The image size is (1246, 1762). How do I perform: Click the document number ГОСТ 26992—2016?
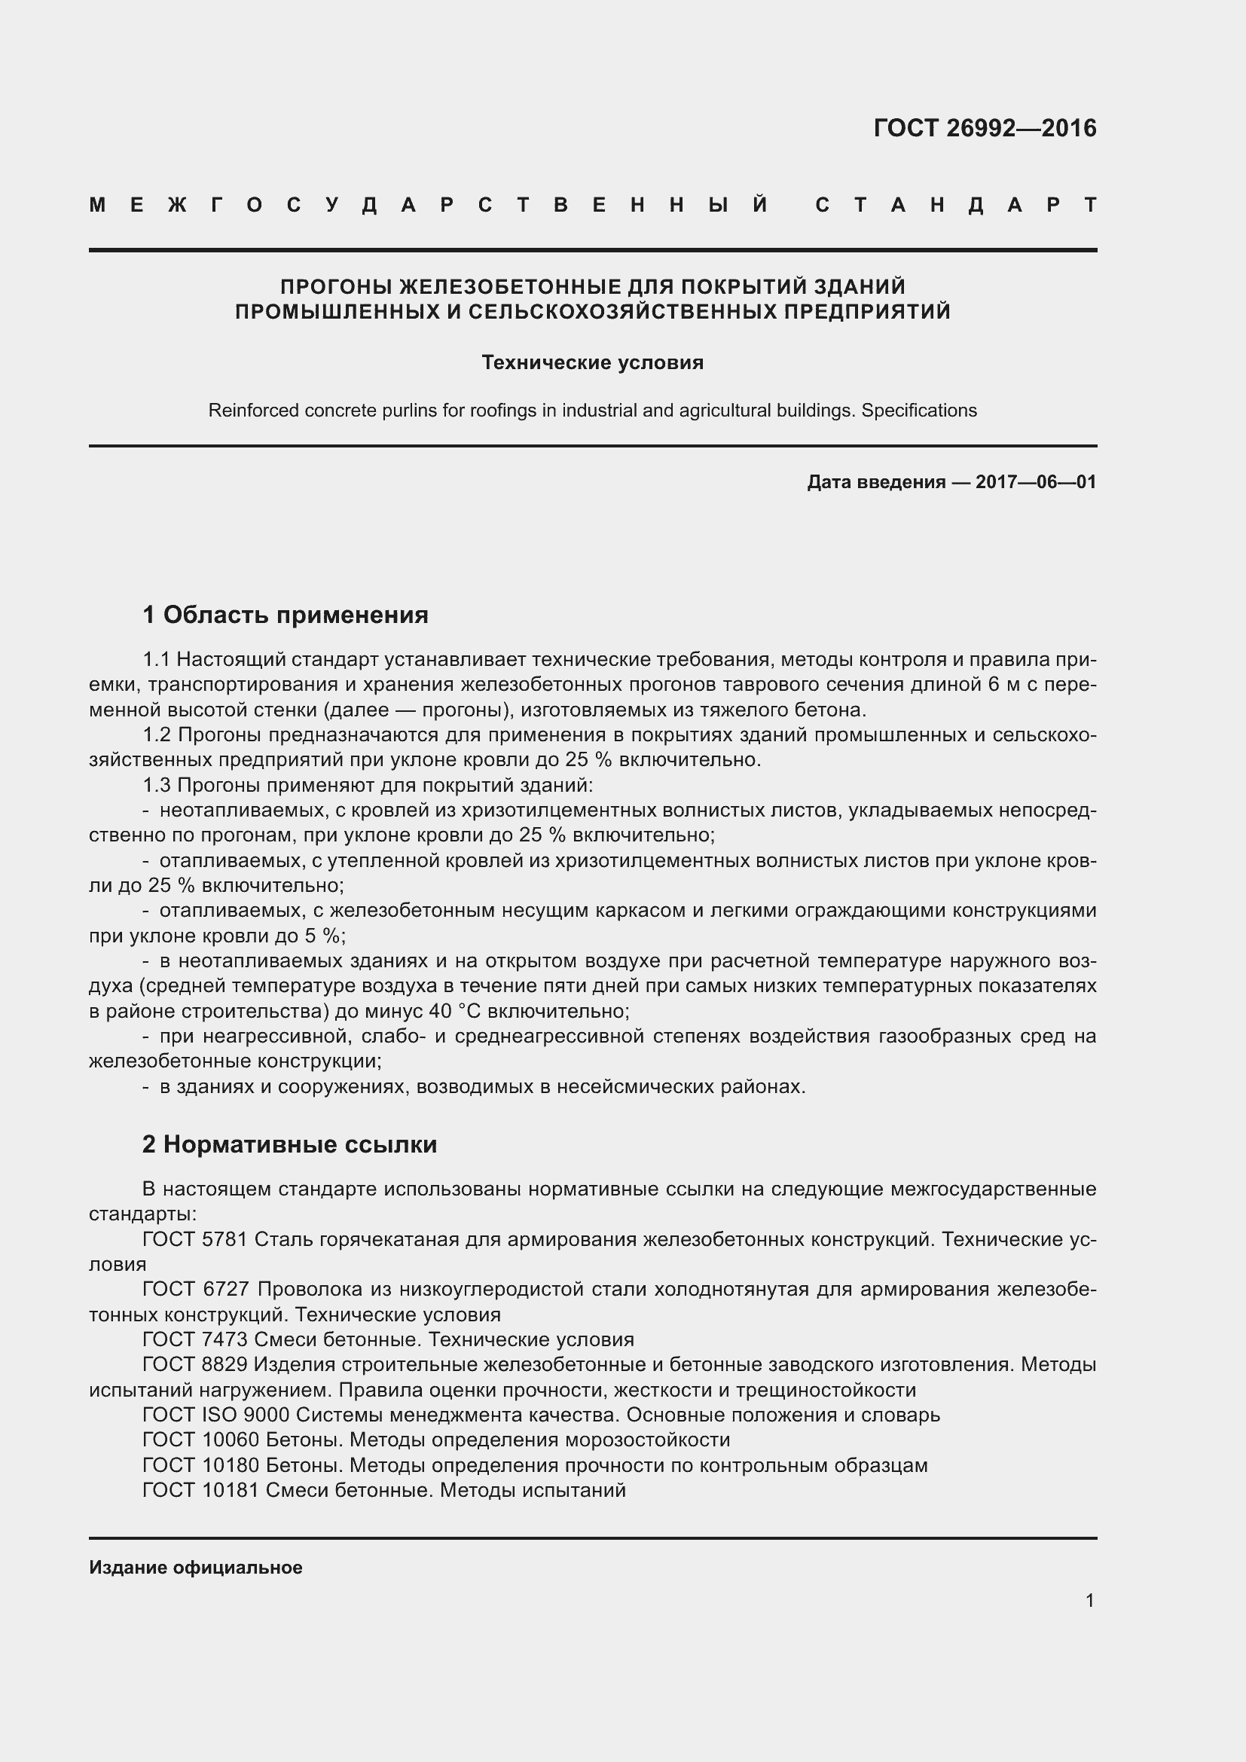tap(985, 128)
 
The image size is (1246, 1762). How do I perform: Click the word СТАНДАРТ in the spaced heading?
tap(955, 206)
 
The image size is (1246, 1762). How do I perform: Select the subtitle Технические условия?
tap(592, 362)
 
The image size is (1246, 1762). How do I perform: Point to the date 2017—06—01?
tap(1035, 482)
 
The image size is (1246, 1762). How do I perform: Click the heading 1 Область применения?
tap(286, 615)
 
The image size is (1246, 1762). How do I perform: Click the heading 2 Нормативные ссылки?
tap(289, 1144)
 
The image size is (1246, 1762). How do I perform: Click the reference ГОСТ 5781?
tap(194, 1239)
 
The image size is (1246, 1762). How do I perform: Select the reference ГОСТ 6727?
tap(194, 1289)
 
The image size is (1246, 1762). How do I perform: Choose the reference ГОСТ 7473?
tap(194, 1340)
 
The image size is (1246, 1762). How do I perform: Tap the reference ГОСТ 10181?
tap(201, 1490)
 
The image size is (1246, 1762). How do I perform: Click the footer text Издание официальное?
tap(196, 1568)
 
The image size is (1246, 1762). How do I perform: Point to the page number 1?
tap(1089, 1600)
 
